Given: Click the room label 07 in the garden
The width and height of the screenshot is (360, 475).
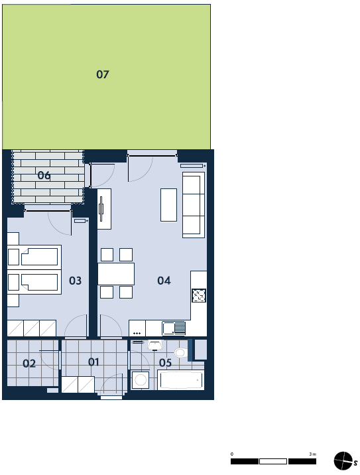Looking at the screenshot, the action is point(102,74).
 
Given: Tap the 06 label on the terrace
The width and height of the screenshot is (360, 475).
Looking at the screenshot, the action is point(44,175).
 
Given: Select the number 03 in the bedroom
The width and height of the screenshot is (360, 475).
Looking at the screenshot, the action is point(75,281).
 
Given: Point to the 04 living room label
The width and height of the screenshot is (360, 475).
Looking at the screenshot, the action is point(164,281).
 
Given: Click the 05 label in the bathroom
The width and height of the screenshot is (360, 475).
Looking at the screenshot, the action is point(165,363).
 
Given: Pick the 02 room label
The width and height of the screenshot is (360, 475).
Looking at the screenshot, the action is point(29,364).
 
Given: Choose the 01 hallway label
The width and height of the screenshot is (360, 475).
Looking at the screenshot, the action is point(93,362).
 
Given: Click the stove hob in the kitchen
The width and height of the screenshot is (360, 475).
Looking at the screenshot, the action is point(199,295).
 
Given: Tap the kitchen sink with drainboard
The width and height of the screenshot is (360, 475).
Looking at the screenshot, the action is point(174,328).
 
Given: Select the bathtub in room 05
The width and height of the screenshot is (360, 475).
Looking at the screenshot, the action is point(181,380).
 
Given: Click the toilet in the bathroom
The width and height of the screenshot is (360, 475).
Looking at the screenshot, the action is point(181,352).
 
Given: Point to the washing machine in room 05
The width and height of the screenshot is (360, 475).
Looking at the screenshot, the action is point(141,380).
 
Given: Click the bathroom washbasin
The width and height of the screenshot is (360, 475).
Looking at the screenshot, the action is point(155,346).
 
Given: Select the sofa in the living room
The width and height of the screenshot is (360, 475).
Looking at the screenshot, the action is point(194,205).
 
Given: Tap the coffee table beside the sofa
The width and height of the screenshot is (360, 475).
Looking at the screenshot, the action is point(168,205).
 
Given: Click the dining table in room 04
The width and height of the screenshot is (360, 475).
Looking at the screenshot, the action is point(116,274).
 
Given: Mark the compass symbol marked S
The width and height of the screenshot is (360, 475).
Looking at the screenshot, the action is point(343,461).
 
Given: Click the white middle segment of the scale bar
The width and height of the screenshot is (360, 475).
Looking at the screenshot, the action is point(273,461).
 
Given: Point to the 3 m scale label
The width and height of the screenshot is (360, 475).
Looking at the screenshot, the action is point(312,454).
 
